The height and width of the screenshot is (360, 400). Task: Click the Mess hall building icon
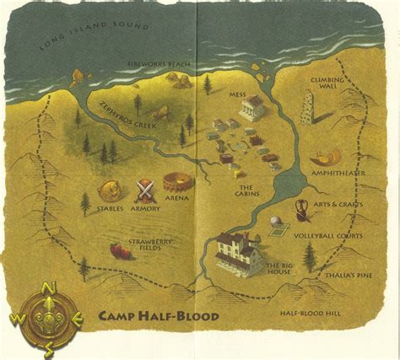tap(252, 108)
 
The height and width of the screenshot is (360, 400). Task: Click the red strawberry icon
tap(119, 250)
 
